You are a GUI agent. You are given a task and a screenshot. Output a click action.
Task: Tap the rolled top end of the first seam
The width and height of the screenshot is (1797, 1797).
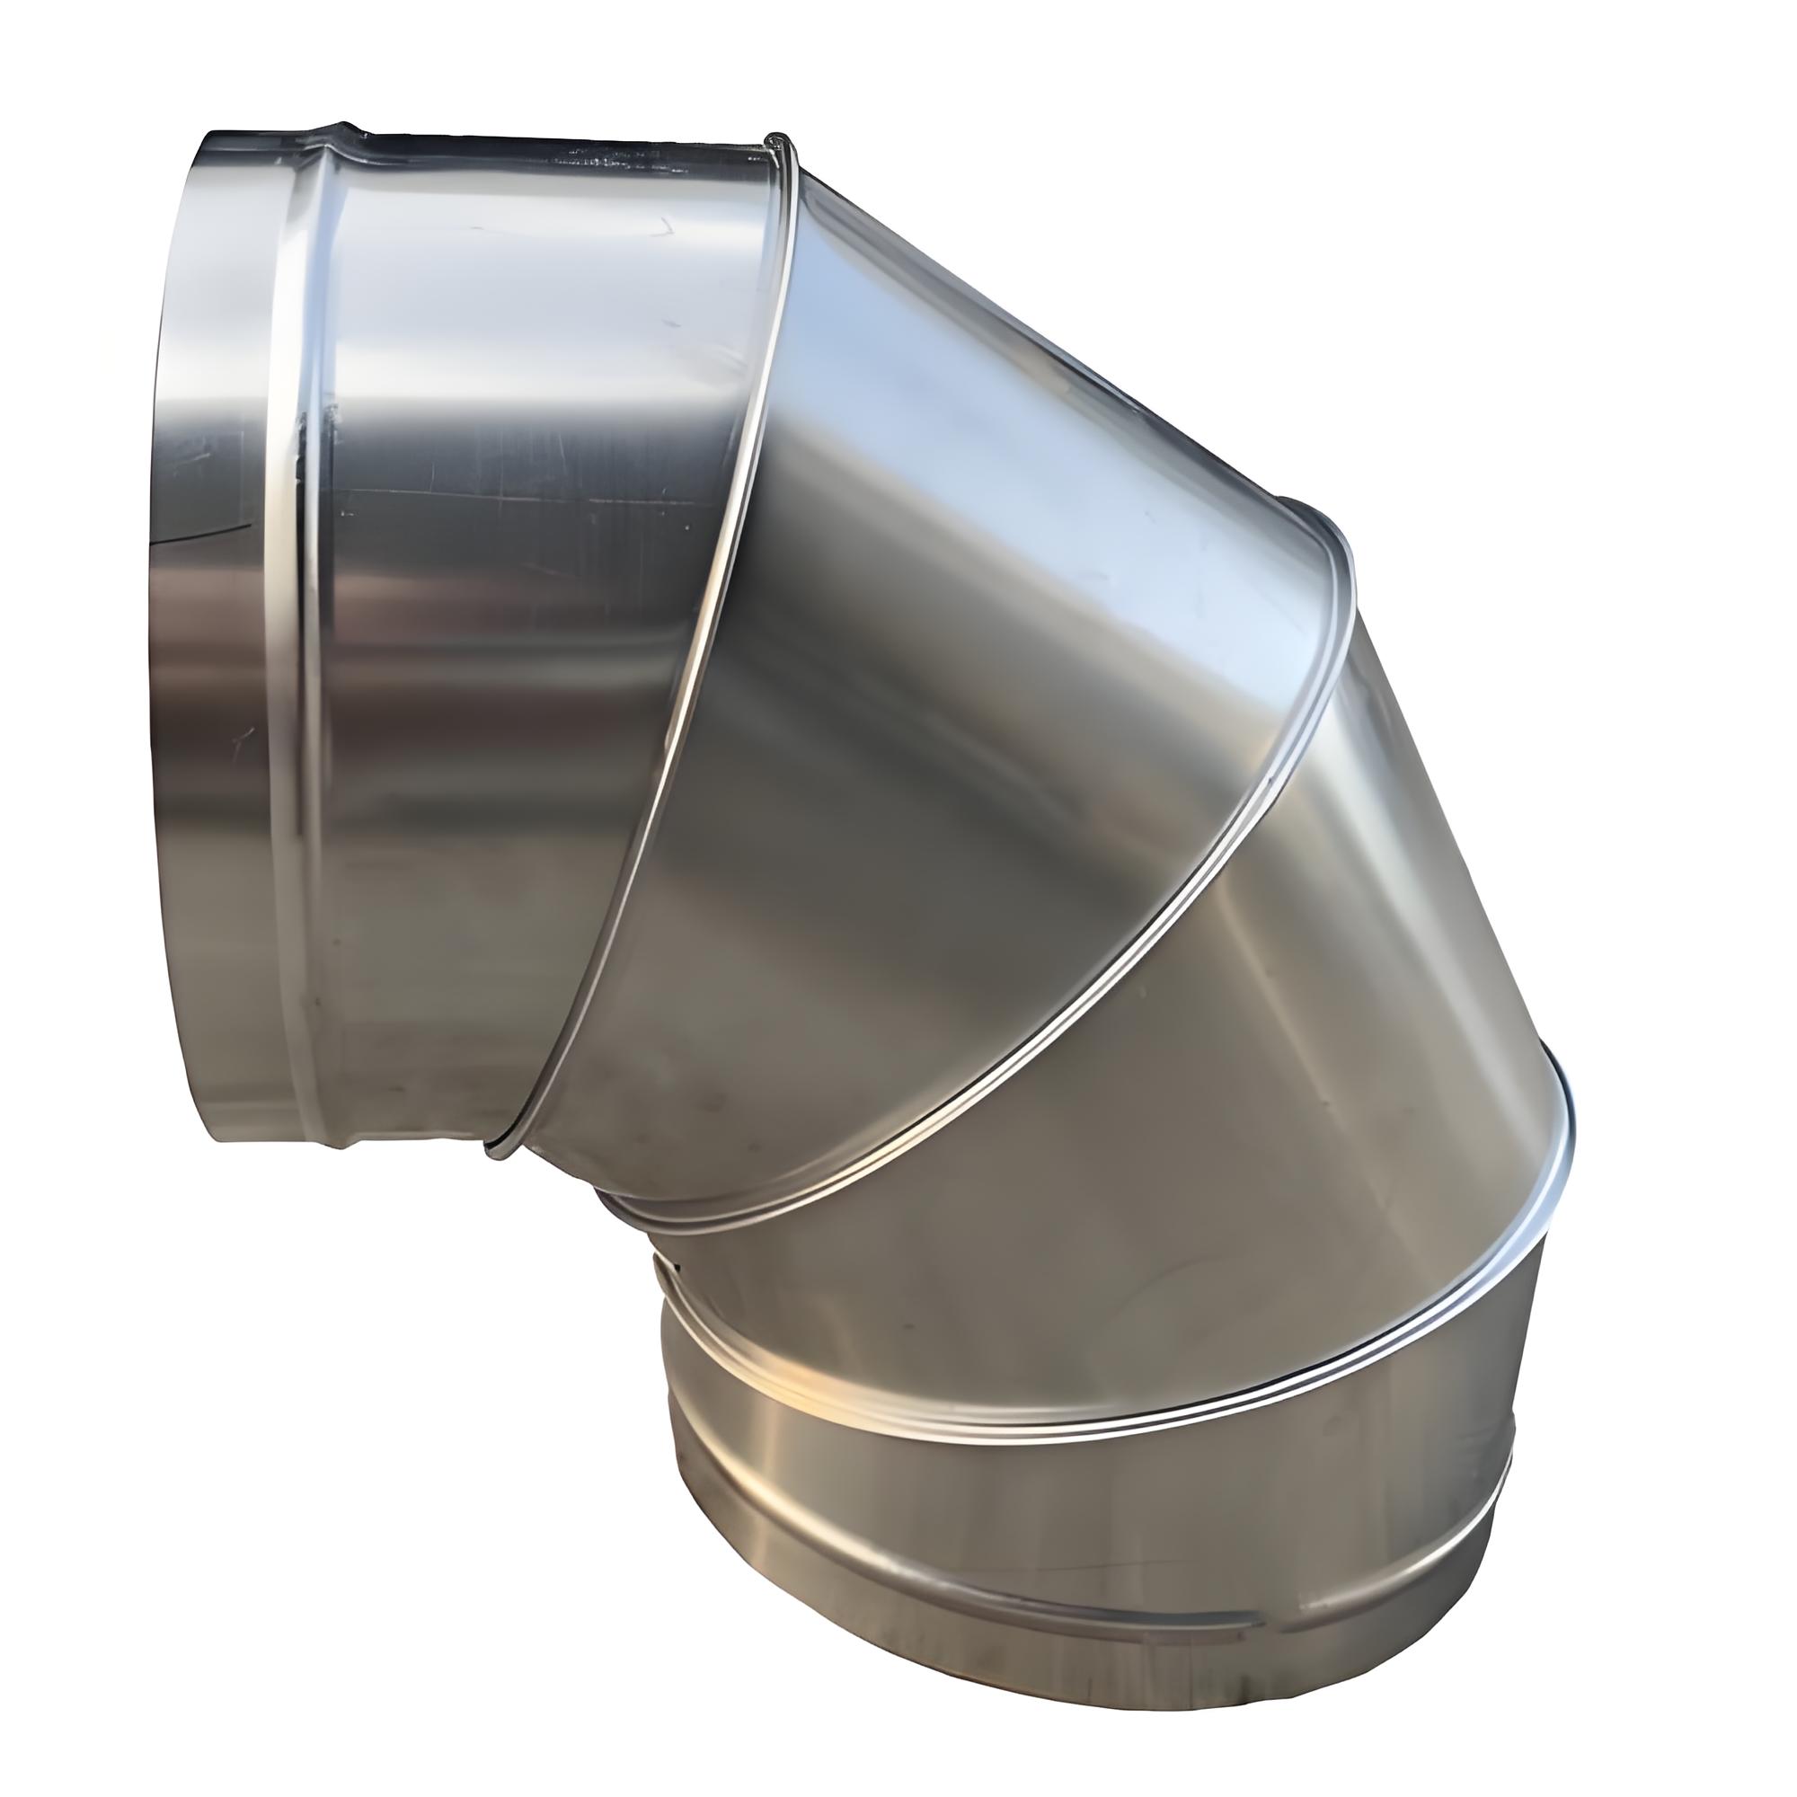pyautogui.click(x=777, y=141)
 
